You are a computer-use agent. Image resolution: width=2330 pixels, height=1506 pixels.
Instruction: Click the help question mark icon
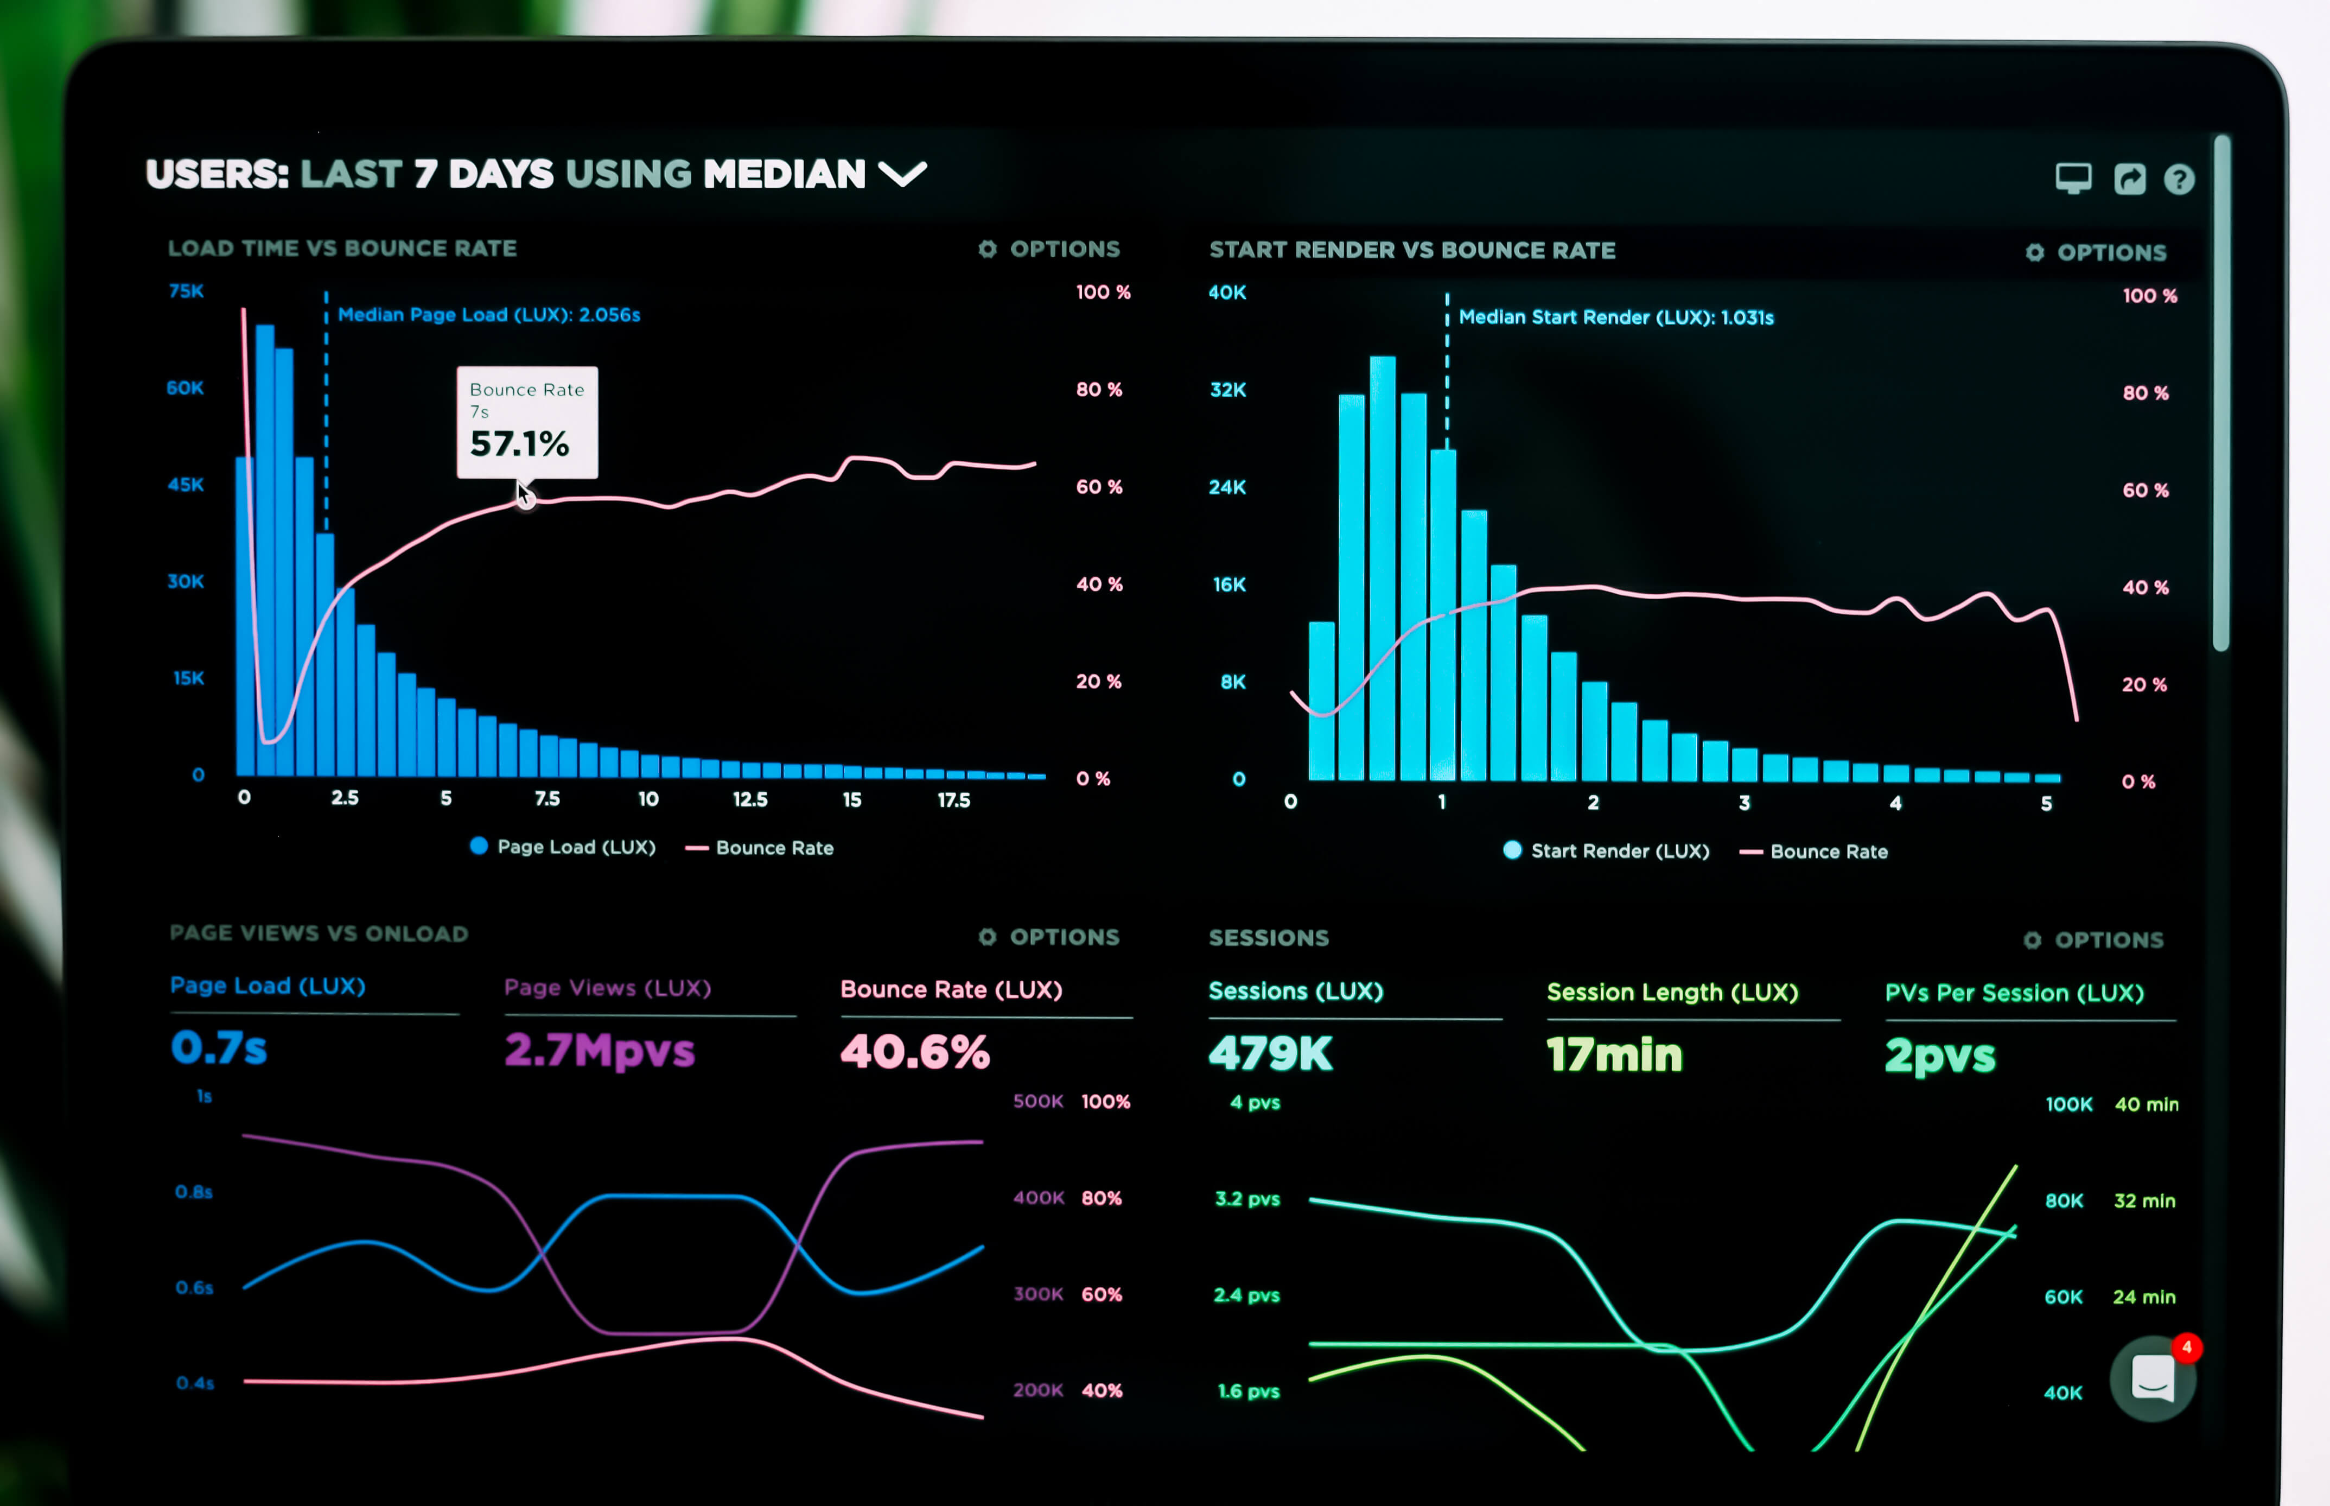click(x=2180, y=179)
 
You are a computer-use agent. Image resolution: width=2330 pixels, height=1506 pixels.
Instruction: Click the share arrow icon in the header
click(x=2130, y=178)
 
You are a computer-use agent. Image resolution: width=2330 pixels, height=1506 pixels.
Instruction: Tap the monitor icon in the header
click(x=2073, y=178)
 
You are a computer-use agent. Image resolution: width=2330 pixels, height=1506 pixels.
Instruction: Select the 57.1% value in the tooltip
click(x=519, y=444)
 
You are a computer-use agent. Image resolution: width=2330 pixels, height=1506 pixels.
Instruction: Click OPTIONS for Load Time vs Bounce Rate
click(x=1049, y=249)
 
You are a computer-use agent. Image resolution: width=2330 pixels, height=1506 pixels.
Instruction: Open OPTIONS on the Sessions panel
click(x=2093, y=940)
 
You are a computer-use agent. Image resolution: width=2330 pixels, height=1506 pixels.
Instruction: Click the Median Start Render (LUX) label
click(x=1615, y=317)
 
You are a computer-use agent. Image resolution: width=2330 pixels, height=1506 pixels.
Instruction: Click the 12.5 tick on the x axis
click(x=750, y=799)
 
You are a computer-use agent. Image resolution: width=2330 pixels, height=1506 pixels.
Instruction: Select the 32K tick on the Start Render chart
click(x=1228, y=389)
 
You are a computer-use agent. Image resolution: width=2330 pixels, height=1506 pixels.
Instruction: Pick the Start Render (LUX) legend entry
click(x=1607, y=851)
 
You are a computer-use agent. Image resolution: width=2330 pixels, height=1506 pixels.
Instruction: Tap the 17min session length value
click(x=1614, y=1054)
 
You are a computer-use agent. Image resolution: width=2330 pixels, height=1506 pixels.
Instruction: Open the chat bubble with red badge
click(x=2153, y=1379)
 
